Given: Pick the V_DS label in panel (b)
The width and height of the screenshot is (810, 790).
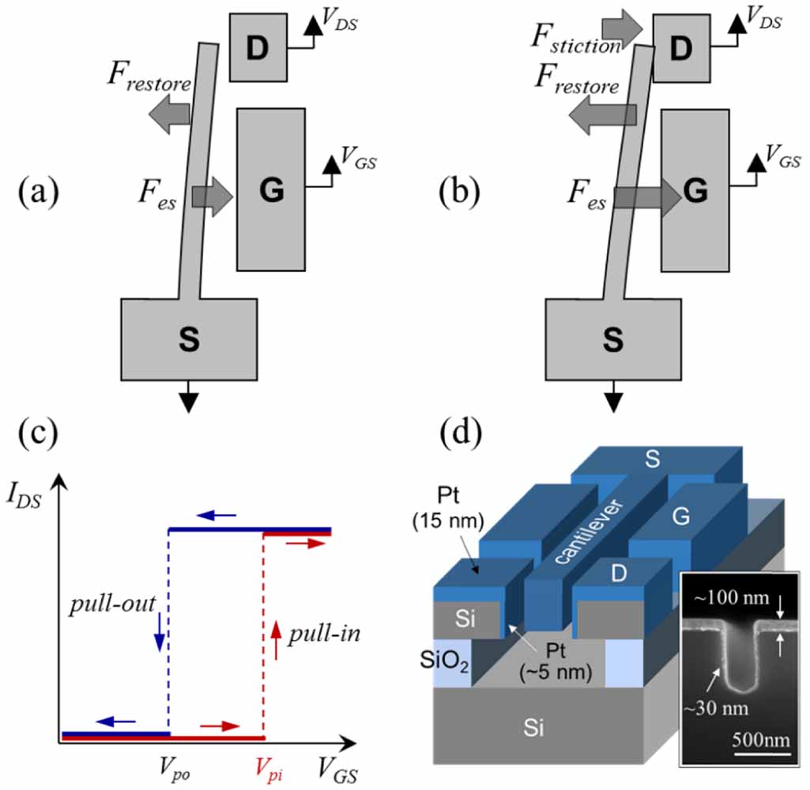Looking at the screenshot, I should [x=763, y=21].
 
